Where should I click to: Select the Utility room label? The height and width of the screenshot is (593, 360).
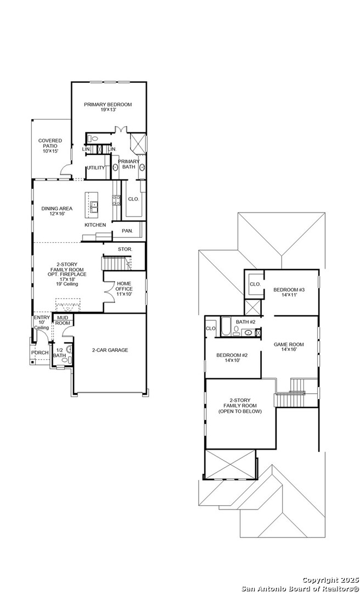[x=95, y=168]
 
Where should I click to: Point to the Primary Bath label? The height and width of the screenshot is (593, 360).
[x=129, y=164]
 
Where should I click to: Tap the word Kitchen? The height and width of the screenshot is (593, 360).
[x=95, y=225]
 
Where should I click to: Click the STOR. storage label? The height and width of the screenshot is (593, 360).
[x=125, y=249]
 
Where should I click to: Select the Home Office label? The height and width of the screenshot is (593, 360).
[x=124, y=288]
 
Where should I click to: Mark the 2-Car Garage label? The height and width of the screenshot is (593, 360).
[x=110, y=350]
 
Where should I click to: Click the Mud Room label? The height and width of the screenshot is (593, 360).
[x=63, y=320]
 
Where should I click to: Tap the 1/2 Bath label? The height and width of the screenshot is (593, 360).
[x=60, y=353]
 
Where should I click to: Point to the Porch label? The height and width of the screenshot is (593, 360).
[x=40, y=353]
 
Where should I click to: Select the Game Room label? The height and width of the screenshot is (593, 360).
[x=289, y=348]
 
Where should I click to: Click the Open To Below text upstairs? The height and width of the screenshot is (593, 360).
[x=240, y=411]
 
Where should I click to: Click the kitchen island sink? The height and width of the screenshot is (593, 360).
[x=94, y=206]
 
